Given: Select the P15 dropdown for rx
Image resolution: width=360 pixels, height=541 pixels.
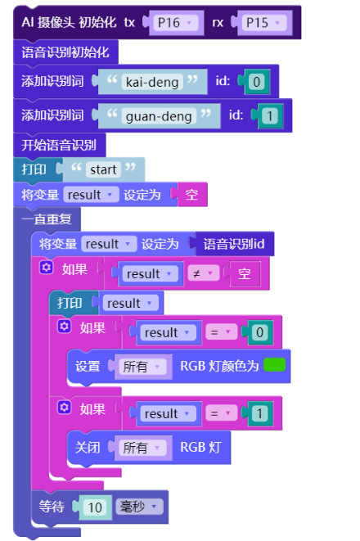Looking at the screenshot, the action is tap(264, 23).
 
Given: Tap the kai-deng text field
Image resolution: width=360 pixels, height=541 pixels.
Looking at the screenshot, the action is tap(152, 82).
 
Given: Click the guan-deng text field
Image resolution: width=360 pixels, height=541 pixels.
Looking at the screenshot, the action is tap(159, 116).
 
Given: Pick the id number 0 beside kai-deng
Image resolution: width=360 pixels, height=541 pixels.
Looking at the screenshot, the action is tap(257, 82).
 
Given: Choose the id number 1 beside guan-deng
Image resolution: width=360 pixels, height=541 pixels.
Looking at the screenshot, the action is tap(270, 116).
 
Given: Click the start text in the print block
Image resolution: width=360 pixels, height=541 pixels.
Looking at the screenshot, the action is tap(103, 169).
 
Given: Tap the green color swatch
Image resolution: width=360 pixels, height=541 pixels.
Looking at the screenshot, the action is tap(274, 365).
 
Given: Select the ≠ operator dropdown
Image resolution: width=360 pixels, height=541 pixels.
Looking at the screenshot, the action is tap(203, 273).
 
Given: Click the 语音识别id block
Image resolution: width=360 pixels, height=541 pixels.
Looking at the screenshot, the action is tap(234, 244).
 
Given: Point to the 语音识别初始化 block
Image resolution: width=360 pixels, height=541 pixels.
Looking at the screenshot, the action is tap(65, 52).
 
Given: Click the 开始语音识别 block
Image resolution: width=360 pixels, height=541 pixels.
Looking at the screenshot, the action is tap(59, 145).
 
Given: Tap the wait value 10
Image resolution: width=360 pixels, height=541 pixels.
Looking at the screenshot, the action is tap(95, 507).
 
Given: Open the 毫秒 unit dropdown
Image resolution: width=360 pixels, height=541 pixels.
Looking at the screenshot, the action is tap(139, 507).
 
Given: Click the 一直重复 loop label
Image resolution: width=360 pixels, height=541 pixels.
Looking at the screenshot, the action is tap(47, 219).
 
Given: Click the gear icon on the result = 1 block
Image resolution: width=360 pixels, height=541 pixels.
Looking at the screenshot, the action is tap(64, 408).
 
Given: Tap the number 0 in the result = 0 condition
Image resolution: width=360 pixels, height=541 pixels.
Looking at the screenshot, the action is tap(260, 332).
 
